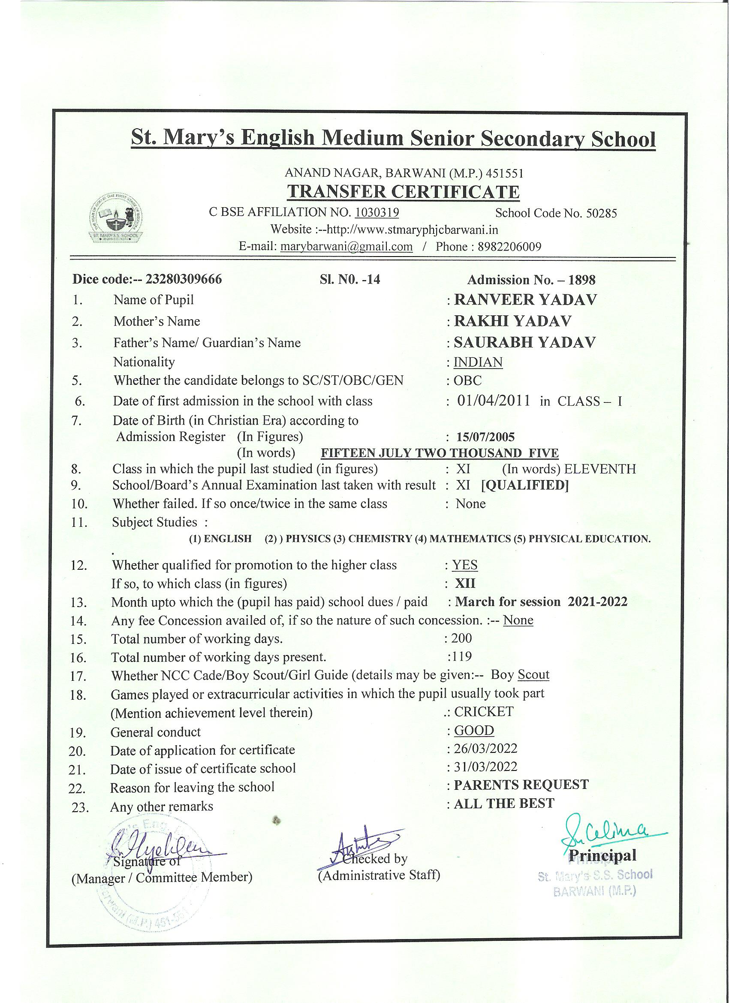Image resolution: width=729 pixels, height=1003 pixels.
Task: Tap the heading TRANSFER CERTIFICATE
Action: coord(403,192)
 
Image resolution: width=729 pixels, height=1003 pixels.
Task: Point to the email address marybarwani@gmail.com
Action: coord(346,246)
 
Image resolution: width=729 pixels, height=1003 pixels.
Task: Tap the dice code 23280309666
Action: coord(184,280)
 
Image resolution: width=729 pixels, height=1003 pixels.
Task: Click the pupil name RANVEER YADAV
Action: coord(525,300)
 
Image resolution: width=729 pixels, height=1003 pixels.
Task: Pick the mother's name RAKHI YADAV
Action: coord(512,321)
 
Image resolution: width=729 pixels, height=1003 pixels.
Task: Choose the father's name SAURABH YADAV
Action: coord(525,342)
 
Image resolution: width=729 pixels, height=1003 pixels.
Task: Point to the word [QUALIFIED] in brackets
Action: coord(524,485)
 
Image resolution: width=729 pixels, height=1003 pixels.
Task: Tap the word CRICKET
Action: coord(484,712)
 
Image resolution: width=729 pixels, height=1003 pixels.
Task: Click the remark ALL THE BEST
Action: coord(503,803)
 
